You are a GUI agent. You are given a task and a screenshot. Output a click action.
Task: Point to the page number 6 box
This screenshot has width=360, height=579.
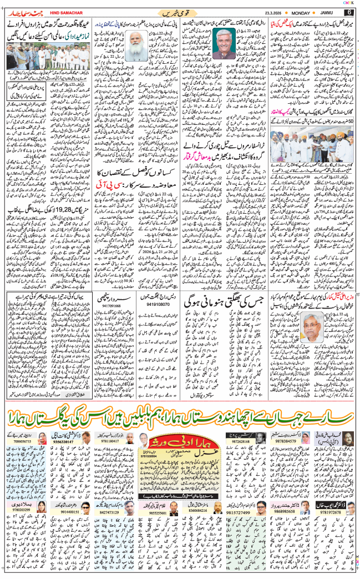coord(349,12)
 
